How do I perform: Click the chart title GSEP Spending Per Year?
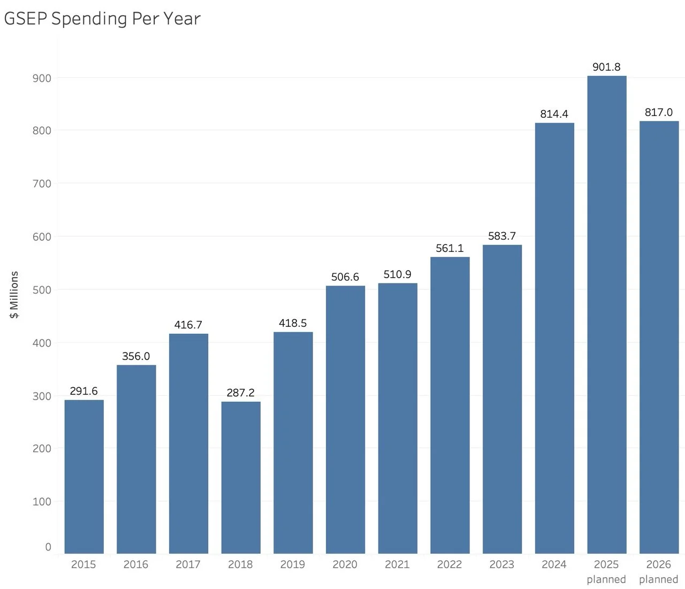click(102, 19)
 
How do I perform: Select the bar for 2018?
click(241, 477)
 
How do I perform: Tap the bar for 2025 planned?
click(607, 315)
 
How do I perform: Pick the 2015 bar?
click(84, 477)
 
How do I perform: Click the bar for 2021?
click(398, 418)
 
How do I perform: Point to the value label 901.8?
click(606, 67)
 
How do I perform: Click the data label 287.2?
click(241, 393)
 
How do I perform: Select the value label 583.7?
click(502, 236)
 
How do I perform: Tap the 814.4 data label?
click(554, 114)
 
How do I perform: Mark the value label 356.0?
click(136, 356)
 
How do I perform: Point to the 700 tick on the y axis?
click(42, 184)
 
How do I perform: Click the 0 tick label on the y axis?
click(48, 547)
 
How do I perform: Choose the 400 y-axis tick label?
click(42, 343)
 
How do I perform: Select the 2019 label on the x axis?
click(293, 564)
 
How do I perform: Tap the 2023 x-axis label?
click(502, 564)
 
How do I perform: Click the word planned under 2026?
click(658, 579)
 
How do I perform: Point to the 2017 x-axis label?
click(188, 564)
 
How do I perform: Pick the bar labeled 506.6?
click(345, 420)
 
